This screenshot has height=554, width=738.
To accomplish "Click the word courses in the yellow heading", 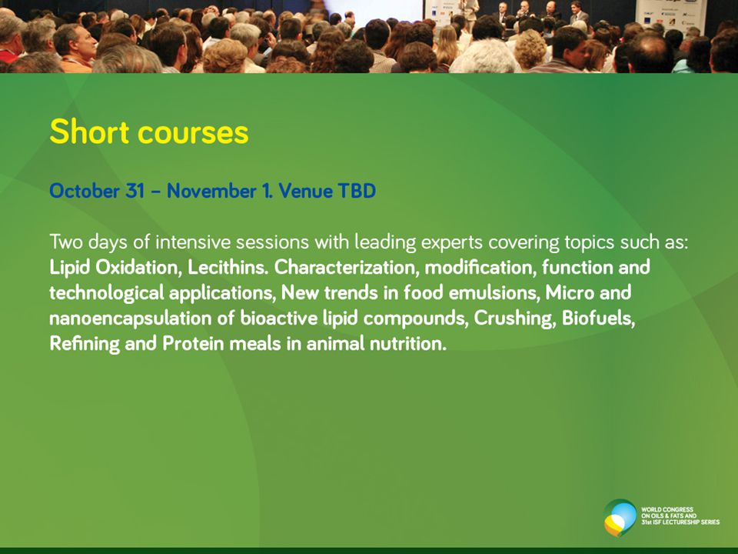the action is point(193,133).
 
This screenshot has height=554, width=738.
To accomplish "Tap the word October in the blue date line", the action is point(85,191).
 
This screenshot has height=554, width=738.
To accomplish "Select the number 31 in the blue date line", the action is point(135,191).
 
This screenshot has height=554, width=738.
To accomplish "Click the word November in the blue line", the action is point(211,191).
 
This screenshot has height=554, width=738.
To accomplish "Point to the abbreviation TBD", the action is point(357,191).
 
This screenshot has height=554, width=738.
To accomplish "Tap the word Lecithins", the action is point(228,267).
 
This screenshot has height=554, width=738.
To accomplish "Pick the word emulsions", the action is point(494,292).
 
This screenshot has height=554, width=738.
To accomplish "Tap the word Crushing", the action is point(514,319).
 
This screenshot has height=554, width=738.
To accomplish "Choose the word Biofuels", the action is point(598,318).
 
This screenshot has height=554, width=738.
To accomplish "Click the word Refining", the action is point(85,344).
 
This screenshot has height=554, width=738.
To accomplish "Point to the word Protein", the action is point(193,343).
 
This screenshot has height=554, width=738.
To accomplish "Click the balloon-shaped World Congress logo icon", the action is point(620,517).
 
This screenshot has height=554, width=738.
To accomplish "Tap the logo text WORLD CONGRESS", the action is point(667,509).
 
